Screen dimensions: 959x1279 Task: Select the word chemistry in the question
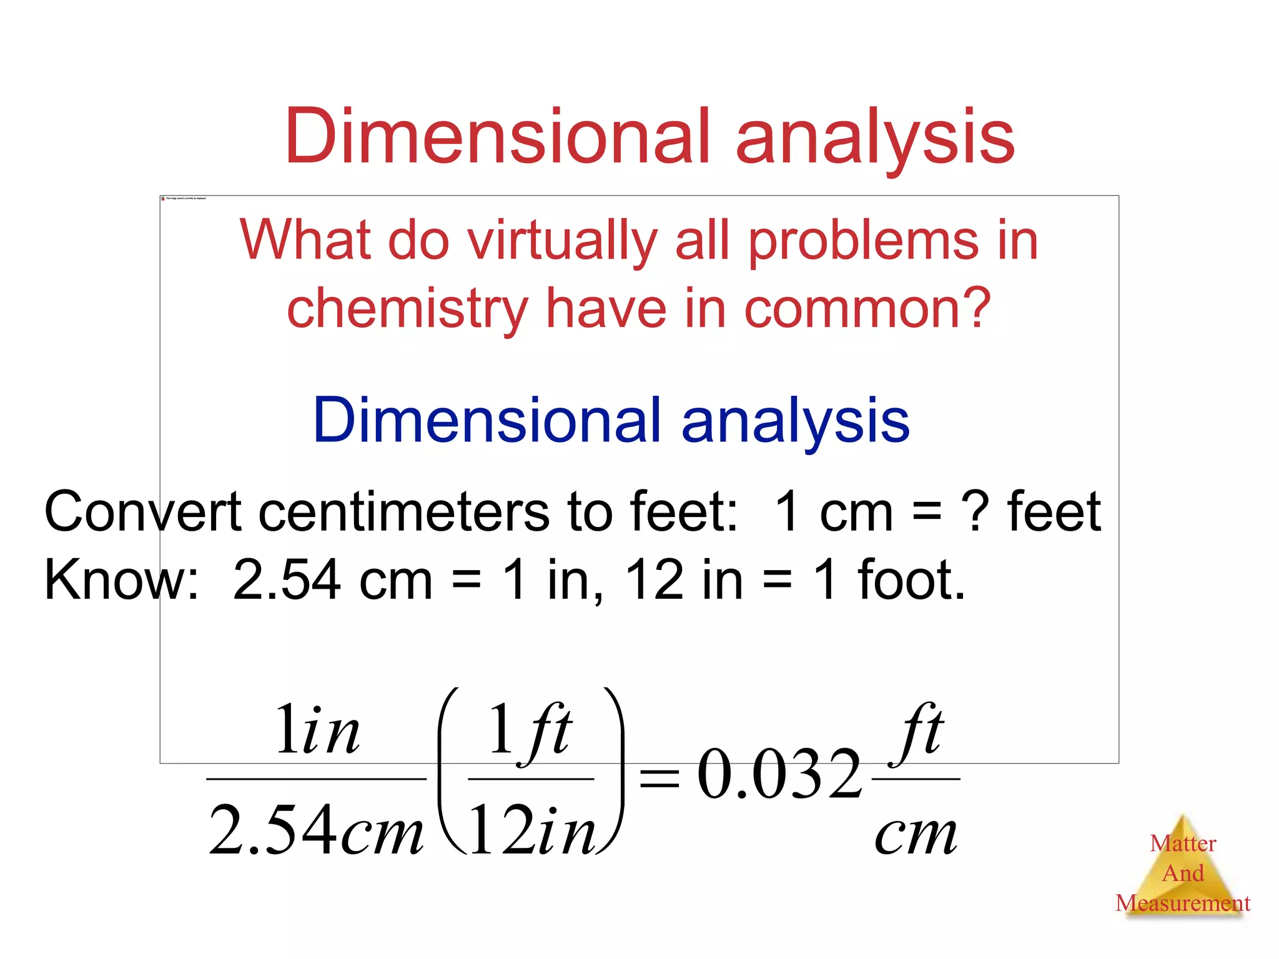tap(407, 308)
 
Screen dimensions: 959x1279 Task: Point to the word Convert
tap(142, 512)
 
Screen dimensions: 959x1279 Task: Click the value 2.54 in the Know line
tap(287, 580)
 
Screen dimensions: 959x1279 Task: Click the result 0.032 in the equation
tap(779, 775)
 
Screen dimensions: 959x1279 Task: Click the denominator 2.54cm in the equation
tap(316, 830)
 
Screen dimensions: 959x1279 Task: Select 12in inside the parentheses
tap(531, 830)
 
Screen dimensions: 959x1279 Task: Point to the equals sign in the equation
tap(659, 779)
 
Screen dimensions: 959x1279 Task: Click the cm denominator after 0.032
tap(916, 834)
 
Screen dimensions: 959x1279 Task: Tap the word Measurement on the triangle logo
tap(1183, 903)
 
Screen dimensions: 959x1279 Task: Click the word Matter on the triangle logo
tap(1183, 843)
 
